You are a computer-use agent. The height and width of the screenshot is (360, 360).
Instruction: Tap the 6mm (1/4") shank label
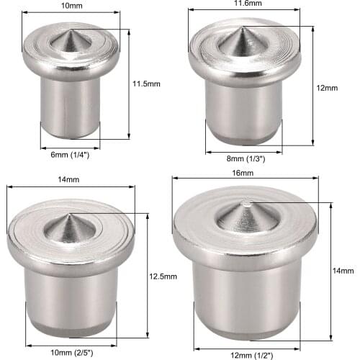[69, 153]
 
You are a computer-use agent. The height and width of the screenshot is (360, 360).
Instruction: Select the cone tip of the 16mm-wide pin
[246, 203]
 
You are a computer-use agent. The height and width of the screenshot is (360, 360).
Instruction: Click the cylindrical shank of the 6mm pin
[71, 108]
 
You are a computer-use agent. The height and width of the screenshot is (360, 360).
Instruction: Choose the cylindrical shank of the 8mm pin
[243, 112]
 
